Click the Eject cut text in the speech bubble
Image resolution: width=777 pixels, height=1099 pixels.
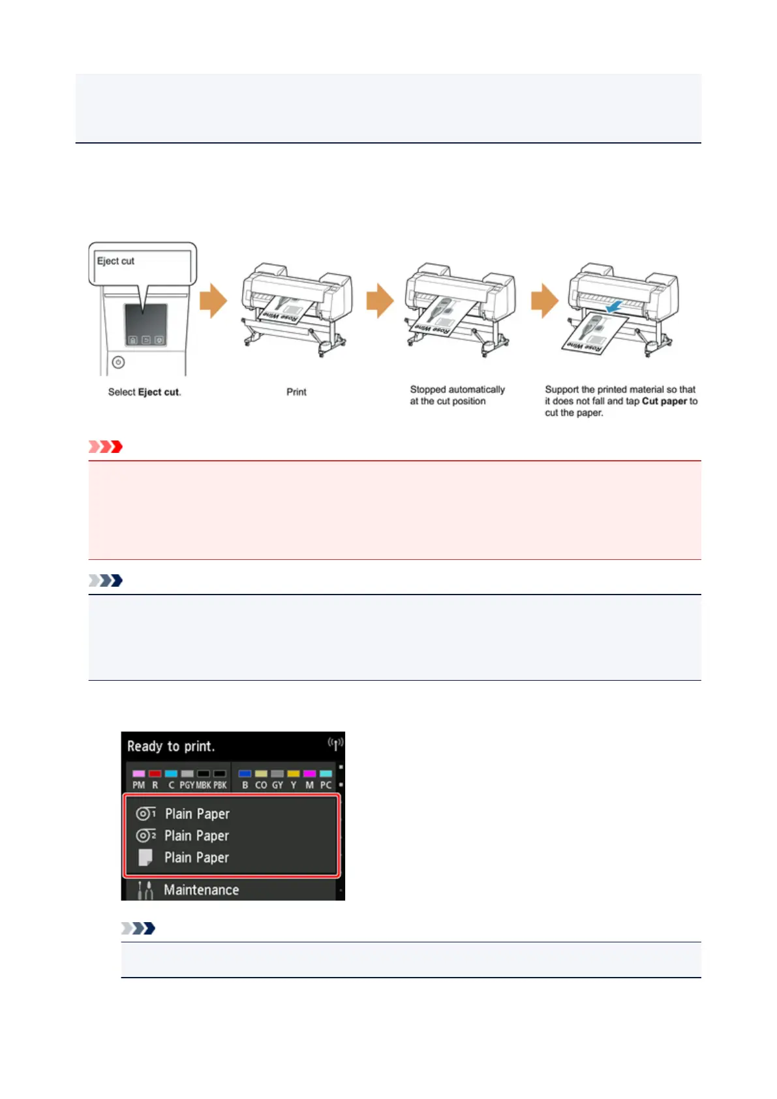[115, 261]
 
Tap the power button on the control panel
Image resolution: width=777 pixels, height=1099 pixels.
[118, 362]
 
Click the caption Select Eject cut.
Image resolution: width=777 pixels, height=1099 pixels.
[144, 392]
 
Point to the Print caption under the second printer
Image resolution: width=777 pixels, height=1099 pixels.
[296, 392]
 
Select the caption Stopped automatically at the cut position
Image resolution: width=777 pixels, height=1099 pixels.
[457, 395]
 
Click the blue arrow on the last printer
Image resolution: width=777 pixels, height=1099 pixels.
[613, 306]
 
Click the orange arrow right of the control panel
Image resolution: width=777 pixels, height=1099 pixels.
[213, 300]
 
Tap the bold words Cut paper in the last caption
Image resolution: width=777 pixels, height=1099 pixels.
[664, 401]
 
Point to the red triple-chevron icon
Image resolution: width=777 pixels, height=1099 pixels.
[106, 447]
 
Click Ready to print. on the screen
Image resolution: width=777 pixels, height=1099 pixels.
[171, 747]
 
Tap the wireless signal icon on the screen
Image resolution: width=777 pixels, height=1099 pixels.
[335, 743]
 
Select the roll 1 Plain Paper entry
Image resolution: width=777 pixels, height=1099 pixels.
[196, 814]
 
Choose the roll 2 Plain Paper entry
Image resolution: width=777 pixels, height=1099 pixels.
[196, 836]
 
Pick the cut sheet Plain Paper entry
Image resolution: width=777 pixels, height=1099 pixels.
[196, 858]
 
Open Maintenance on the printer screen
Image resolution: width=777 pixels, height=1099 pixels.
[201, 890]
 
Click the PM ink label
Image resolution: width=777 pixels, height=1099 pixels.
[139, 785]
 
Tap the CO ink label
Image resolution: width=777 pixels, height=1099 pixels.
[261, 785]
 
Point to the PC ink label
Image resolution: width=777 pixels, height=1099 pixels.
[326, 785]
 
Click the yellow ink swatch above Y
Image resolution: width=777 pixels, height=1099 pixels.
[294, 774]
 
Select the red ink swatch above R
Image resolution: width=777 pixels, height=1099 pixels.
[155, 774]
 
